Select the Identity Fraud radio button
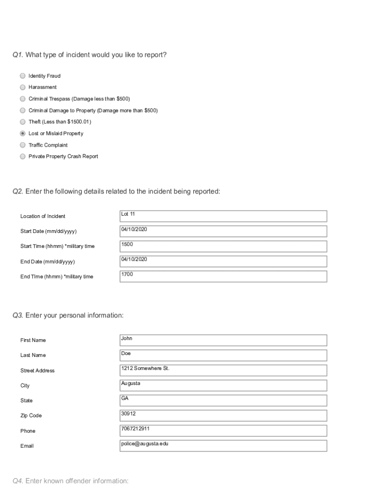23,76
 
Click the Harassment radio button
23,87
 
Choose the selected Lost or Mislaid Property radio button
23,134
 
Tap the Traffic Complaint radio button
23,145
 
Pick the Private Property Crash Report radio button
23,156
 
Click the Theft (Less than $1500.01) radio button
23,122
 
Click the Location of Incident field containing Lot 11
223,216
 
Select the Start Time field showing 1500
223,247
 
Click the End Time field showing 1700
223,276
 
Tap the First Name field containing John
223,340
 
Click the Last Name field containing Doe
223,356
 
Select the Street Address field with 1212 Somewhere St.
223,370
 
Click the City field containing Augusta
223,385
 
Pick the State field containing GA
223,400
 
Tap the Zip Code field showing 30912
223,415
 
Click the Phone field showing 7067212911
223,431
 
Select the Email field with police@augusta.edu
223,446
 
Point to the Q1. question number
18,55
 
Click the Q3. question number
18,316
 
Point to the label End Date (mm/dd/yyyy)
47,262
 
